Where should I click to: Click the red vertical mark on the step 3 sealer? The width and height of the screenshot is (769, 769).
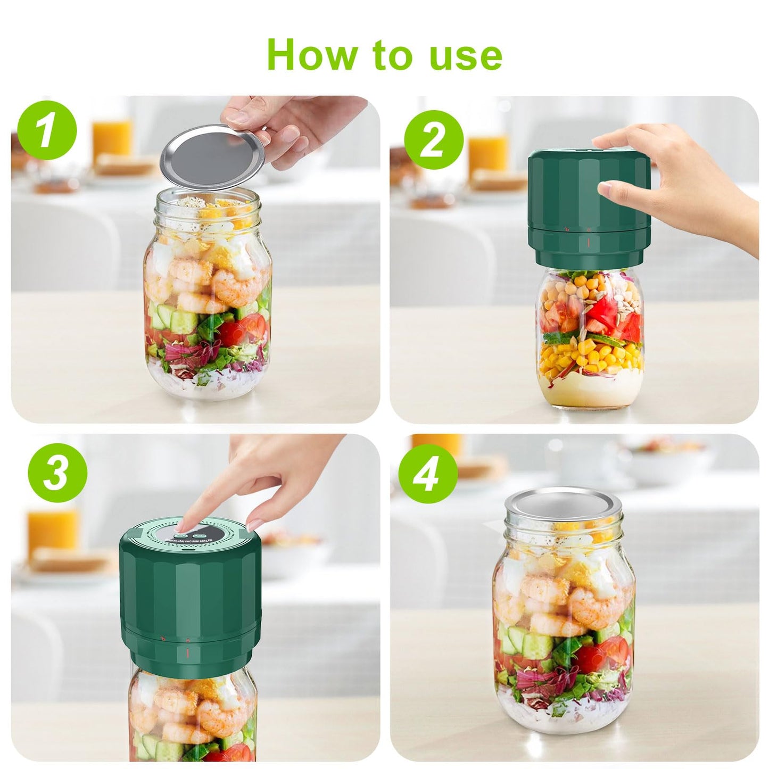(x=187, y=654)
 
